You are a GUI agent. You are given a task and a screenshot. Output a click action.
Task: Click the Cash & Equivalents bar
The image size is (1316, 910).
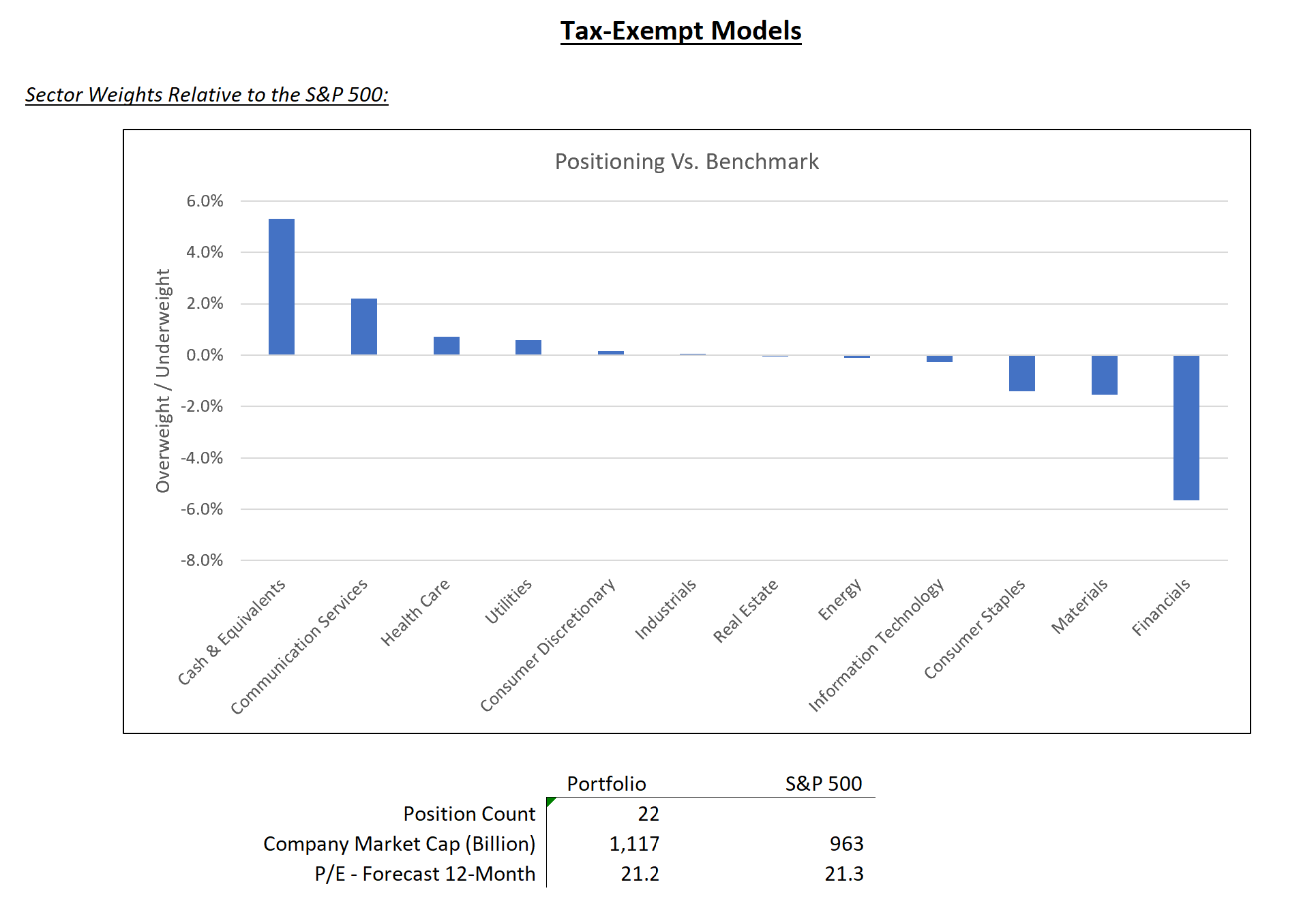click(281, 286)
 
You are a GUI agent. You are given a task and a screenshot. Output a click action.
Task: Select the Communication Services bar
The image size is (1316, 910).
click(363, 327)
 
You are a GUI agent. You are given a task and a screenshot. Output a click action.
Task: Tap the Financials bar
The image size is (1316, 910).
click(1186, 427)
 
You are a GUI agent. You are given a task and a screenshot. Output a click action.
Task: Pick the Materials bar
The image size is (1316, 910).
click(1104, 375)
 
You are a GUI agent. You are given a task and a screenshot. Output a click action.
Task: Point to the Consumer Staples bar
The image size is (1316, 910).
click(1021, 373)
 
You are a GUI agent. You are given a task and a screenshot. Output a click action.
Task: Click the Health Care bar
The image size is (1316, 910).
click(446, 346)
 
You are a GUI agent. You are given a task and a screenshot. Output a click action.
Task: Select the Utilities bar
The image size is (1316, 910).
click(528, 347)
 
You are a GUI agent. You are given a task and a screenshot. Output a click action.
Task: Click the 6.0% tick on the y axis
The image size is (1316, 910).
click(205, 201)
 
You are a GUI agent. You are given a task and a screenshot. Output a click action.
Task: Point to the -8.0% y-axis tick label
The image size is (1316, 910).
click(202, 560)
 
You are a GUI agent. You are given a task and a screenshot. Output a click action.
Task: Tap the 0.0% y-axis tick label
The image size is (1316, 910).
click(205, 355)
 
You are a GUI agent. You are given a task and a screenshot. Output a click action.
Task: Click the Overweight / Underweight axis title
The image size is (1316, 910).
click(163, 380)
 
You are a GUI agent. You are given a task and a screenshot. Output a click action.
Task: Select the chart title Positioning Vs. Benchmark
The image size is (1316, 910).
click(686, 162)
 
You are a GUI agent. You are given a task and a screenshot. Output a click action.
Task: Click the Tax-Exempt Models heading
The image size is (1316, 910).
click(681, 31)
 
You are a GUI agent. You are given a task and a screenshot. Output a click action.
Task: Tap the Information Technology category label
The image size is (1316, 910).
click(877, 644)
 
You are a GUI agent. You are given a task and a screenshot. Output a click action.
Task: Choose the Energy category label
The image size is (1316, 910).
click(840, 599)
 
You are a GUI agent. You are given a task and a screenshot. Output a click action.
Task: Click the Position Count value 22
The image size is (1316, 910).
click(648, 814)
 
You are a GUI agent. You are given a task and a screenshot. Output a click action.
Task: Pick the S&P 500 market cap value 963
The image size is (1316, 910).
click(846, 844)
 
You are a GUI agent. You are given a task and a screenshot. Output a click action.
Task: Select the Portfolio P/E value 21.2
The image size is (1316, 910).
click(640, 874)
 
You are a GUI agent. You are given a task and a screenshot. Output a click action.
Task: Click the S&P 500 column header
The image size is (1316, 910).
click(823, 784)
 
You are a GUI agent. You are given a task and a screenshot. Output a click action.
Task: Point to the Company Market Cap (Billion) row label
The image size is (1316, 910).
click(399, 844)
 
